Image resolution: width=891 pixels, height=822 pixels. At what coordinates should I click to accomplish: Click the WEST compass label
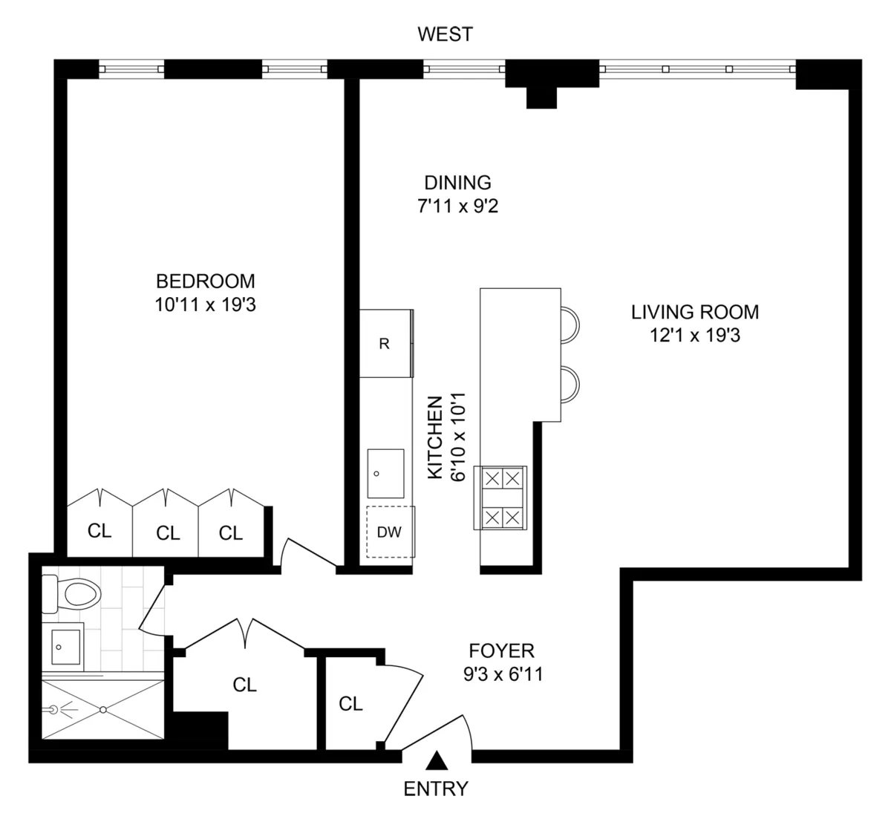tap(445, 34)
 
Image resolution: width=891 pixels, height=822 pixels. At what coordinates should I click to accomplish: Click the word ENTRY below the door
tap(436, 789)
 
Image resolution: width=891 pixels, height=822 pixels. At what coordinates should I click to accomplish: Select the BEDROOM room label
tap(205, 281)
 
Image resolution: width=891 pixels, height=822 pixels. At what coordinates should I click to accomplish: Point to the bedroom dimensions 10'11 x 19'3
tap(205, 304)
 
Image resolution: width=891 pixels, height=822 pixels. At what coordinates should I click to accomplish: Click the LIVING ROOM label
tap(695, 312)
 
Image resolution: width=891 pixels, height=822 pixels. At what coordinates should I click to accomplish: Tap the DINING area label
tap(457, 183)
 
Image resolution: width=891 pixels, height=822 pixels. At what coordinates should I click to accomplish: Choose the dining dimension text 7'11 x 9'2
tap(457, 206)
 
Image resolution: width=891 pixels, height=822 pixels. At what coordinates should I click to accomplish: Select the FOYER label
tap(501, 651)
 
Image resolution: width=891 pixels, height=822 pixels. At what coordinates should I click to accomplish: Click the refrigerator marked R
tap(385, 344)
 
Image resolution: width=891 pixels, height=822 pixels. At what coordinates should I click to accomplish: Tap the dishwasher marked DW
tap(389, 532)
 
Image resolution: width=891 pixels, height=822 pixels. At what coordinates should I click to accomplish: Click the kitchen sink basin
tap(386, 474)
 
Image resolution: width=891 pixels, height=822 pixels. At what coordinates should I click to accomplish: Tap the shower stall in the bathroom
tap(102, 709)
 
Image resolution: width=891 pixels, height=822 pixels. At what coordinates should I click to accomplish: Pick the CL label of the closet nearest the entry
tap(350, 703)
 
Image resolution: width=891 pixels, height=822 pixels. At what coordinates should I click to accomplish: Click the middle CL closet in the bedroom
tap(168, 532)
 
